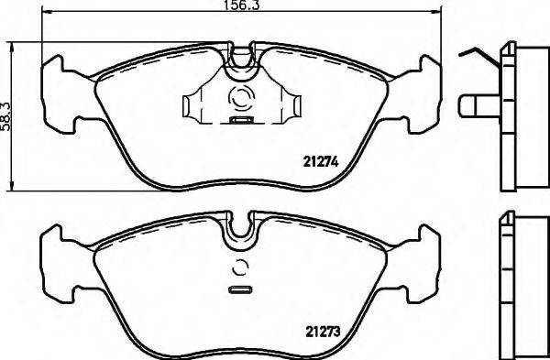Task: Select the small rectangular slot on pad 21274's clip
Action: click(243, 120)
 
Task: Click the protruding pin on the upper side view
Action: click(475, 107)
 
